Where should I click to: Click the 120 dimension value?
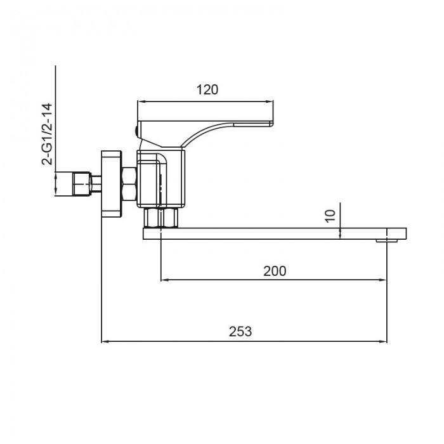click(x=207, y=90)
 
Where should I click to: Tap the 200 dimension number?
click(x=275, y=271)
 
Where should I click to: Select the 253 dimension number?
click(x=240, y=331)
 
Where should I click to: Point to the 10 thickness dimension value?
click(x=330, y=216)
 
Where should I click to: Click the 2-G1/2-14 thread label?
click(x=47, y=134)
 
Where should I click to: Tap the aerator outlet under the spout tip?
click(x=387, y=241)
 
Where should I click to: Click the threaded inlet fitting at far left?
click(x=82, y=184)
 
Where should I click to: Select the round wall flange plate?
click(x=112, y=184)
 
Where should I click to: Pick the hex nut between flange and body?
click(x=129, y=184)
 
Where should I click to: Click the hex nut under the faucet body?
click(x=160, y=218)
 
